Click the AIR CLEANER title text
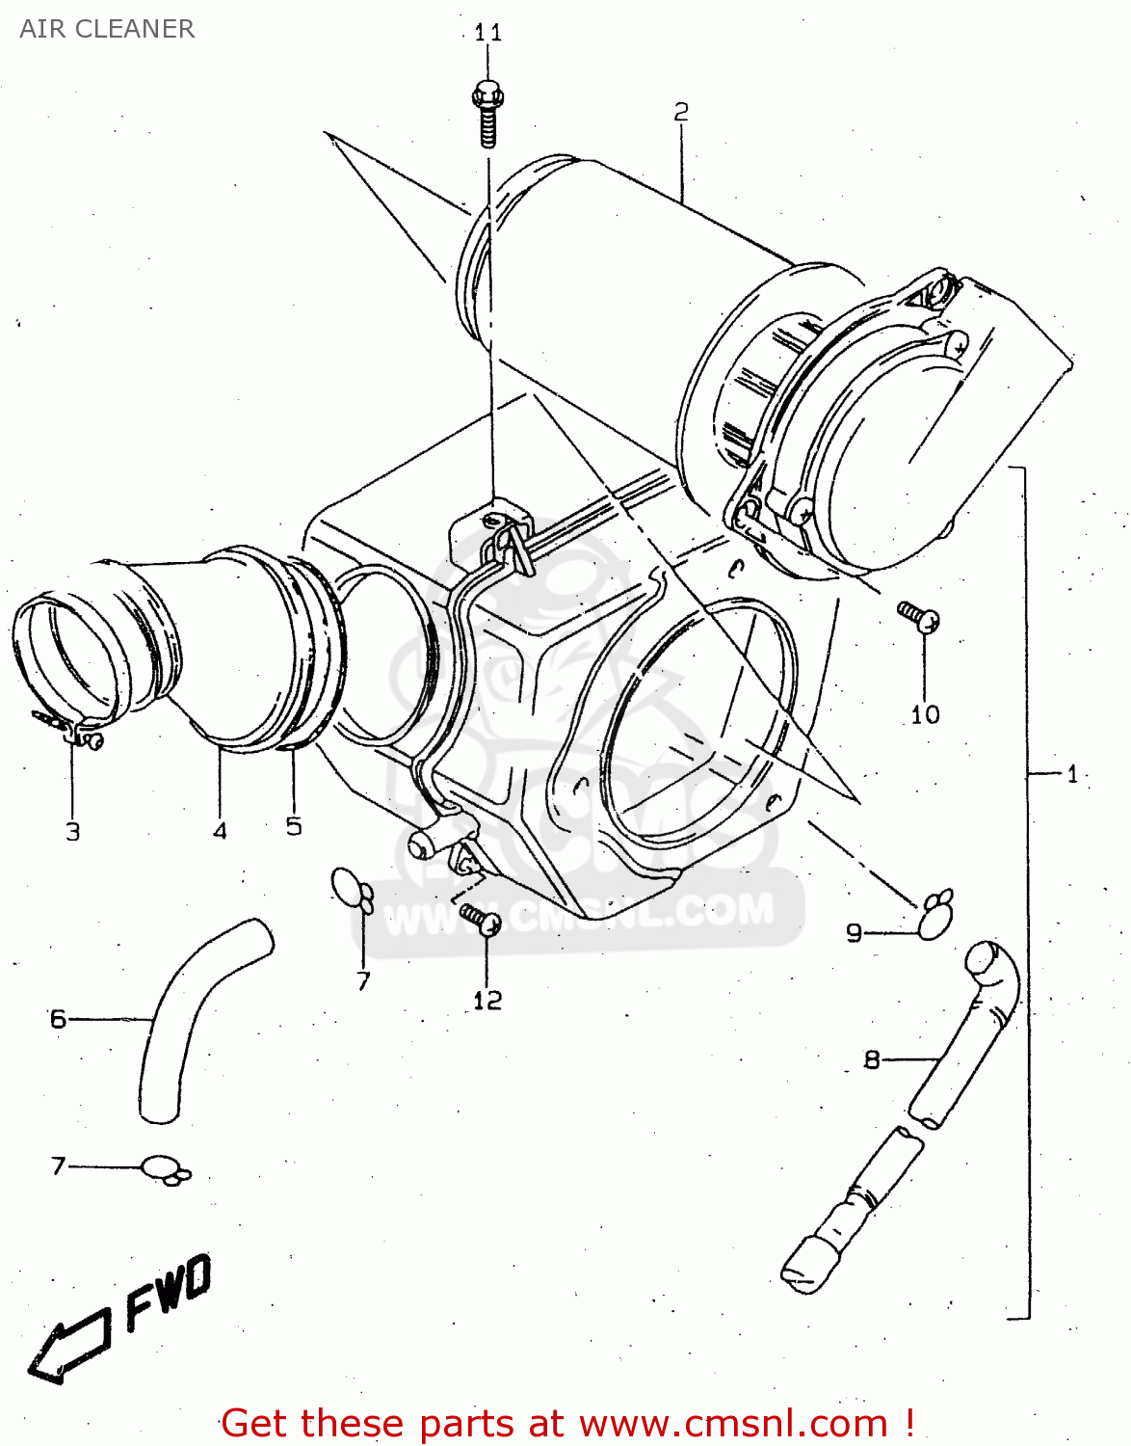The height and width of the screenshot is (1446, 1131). point(107,29)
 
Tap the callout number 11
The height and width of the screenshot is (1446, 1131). point(488,33)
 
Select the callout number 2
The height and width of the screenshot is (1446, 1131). point(681,113)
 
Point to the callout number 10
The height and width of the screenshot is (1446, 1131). point(925,714)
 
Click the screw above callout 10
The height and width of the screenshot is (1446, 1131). point(918,616)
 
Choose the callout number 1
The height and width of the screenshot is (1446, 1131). point(1072,774)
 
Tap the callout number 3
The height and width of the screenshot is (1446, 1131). point(73,832)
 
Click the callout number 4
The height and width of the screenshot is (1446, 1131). point(220,831)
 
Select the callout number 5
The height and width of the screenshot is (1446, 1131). point(294,826)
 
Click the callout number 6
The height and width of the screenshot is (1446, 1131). point(59,1019)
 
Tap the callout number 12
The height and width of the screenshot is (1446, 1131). point(487,1001)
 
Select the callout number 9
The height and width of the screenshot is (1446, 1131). point(854,933)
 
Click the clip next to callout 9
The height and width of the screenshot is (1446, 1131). point(934,915)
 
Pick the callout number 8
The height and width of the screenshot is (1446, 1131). point(872,1060)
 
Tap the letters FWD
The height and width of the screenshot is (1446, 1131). point(169,1291)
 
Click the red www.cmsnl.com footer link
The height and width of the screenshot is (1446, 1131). point(732,1424)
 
